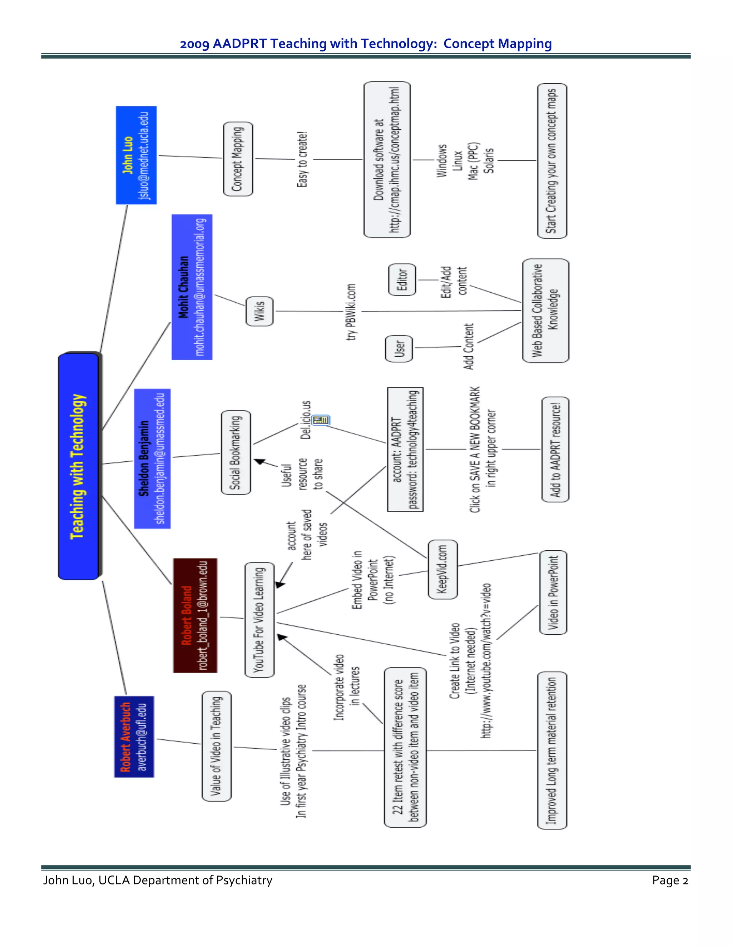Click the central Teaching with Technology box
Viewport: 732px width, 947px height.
pyautogui.click(x=79, y=466)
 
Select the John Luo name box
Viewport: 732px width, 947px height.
pyautogui.click(x=136, y=155)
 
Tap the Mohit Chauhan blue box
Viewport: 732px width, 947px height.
pyautogui.click(x=192, y=287)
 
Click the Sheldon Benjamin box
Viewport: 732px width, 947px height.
pyautogui.click(x=152, y=458)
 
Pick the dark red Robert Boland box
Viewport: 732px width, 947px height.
pyautogui.click(x=195, y=615)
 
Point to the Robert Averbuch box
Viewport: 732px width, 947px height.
pyautogui.click(x=134, y=737)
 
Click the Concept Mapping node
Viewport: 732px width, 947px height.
pyautogui.click(x=238, y=159)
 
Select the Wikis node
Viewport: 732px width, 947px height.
pyautogui.click(x=259, y=311)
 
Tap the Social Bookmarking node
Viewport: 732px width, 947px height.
pyautogui.click(x=236, y=452)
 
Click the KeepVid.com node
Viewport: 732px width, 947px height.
pyautogui.click(x=442, y=569)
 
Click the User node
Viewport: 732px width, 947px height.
pyautogui.click(x=399, y=349)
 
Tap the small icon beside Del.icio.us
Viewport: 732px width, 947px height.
pyautogui.click(x=321, y=420)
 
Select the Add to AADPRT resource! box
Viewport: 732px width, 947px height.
pyautogui.click(x=555, y=449)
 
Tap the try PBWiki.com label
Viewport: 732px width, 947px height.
pyautogui.click(x=351, y=312)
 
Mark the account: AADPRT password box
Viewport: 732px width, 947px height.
pyautogui.click(x=405, y=449)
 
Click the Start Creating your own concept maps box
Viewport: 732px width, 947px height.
pyautogui.click(x=552, y=161)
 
